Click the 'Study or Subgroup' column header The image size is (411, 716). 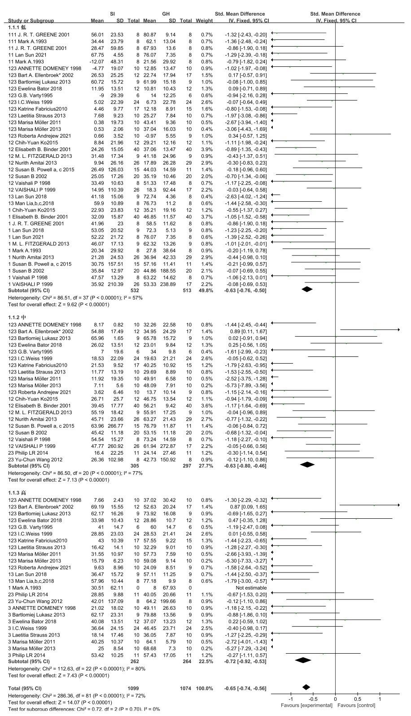click(x=31, y=21)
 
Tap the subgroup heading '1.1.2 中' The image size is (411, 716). click(x=20, y=317)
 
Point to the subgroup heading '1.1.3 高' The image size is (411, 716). click(x=20, y=493)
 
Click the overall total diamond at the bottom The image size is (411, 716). click(x=306, y=687)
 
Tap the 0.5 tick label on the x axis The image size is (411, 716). click(x=357, y=699)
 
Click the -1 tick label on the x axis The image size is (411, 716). click(x=290, y=699)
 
